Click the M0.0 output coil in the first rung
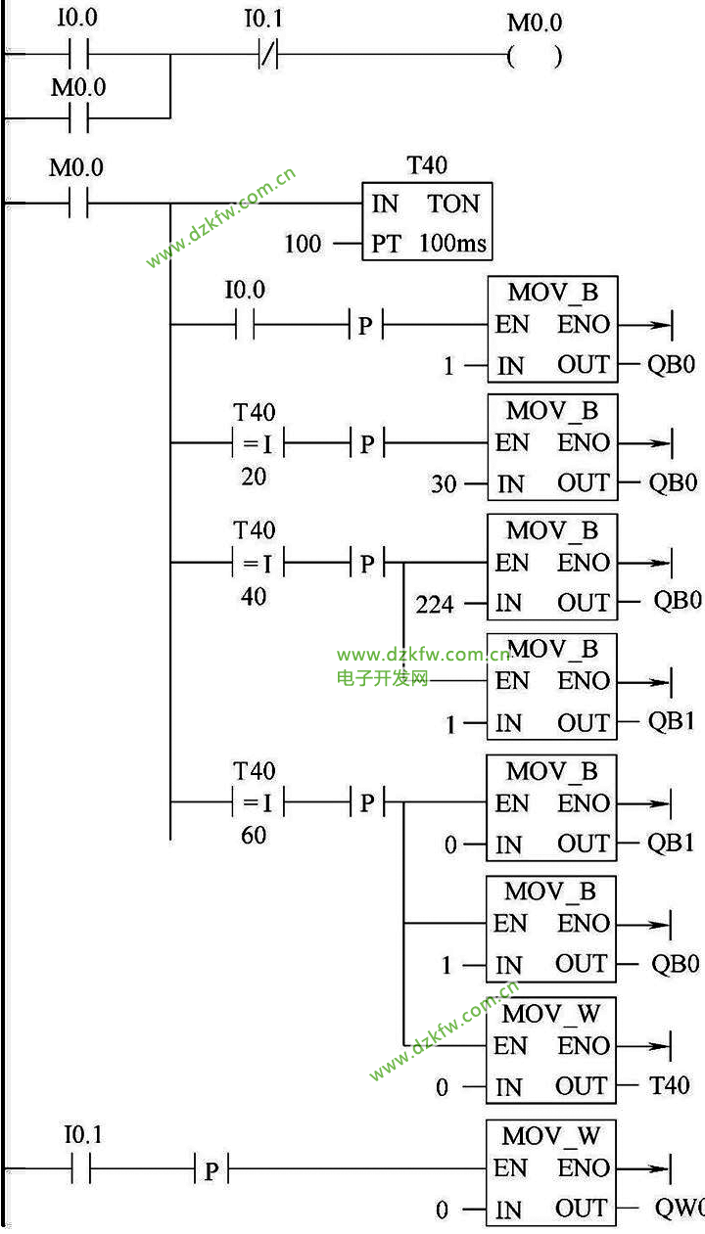point(535,56)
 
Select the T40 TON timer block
point(427,222)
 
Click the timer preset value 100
point(303,243)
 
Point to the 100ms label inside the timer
point(452,243)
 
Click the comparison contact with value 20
point(255,443)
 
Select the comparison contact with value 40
point(255,564)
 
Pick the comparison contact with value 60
point(255,803)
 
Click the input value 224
point(434,605)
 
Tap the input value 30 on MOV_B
point(444,483)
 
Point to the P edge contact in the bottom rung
point(211,1169)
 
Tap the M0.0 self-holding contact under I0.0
point(79,118)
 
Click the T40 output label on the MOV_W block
point(670,1085)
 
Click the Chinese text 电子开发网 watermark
point(383,678)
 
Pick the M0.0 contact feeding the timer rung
point(79,205)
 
